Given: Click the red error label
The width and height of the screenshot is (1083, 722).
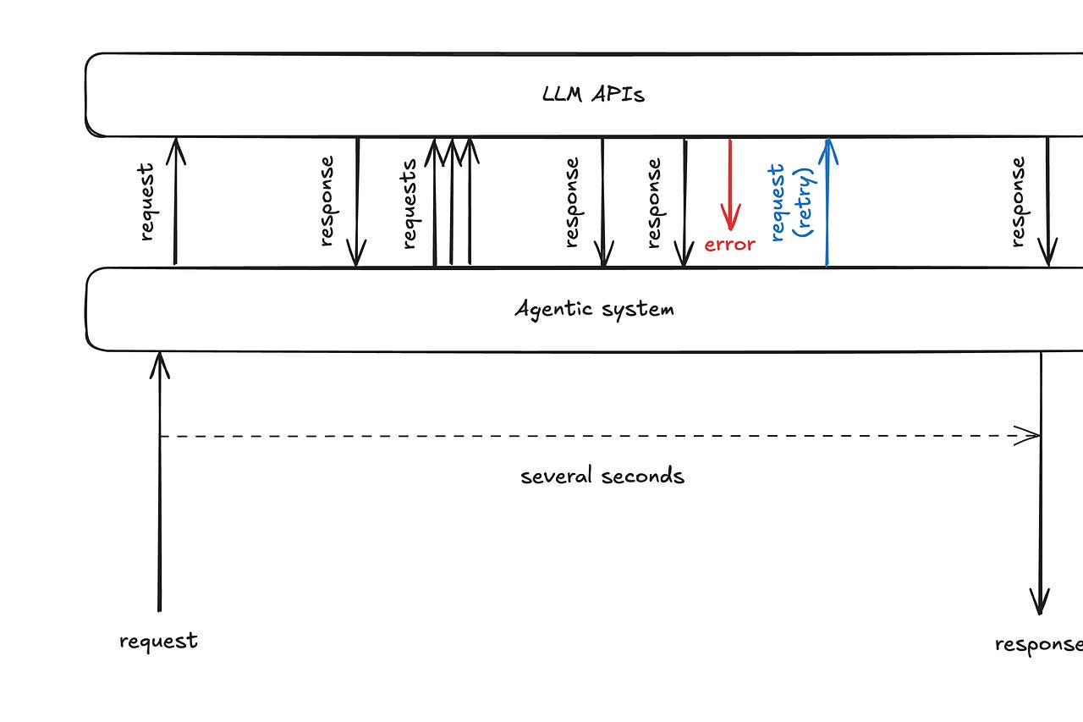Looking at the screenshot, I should pos(729,245).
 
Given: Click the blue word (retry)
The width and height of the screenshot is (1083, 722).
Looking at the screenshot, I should pos(805,201).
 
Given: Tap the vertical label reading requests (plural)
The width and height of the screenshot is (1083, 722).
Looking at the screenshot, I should pos(410,203).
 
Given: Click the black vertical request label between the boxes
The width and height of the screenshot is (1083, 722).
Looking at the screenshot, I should pos(147,203).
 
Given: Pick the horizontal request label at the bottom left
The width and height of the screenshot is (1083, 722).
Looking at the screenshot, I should pos(158,641).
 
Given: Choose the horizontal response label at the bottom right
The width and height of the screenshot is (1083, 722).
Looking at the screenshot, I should pos(1038,644).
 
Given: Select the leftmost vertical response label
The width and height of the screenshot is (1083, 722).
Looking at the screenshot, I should pos(327,201).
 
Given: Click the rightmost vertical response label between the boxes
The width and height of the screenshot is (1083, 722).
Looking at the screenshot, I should pos(1018,201).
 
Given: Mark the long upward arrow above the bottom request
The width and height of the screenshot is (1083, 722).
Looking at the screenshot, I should pos(159,482).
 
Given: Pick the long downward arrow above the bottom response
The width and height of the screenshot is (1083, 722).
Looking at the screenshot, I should pos(1040,482).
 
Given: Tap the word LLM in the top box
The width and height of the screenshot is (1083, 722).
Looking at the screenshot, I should pos(563,94).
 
